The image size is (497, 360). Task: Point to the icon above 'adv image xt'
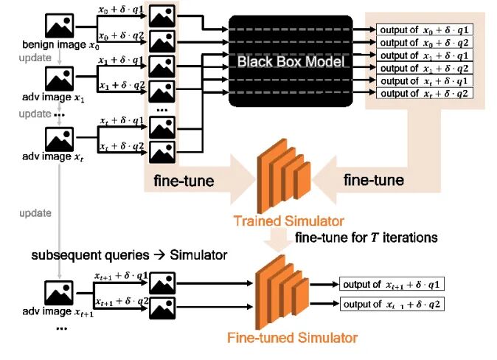pyautogui.click(x=60, y=138)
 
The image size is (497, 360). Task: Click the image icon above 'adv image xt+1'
pyautogui.click(x=60, y=292)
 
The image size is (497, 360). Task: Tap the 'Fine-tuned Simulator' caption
pyautogui.click(x=293, y=338)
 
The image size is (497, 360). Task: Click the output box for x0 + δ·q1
pyautogui.click(x=424, y=30)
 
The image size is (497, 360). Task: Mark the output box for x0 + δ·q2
pyautogui.click(x=424, y=42)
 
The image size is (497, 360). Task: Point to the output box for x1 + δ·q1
pyautogui.click(x=424, y=55)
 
